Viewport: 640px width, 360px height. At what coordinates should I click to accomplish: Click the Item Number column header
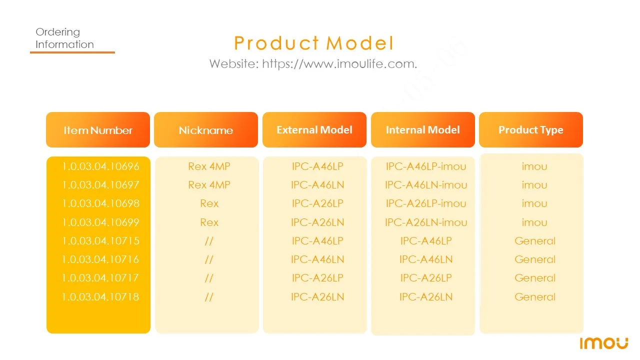click(98, 130)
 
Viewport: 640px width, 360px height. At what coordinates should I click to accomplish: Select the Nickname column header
click(206, 130)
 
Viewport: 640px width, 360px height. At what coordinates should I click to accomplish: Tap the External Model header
click(314, 130)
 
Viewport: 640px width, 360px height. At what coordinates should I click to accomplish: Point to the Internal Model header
click(423, 130)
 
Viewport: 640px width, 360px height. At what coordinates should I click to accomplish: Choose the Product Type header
click(531, 130)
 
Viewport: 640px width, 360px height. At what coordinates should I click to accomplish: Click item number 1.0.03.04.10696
click(100, 166)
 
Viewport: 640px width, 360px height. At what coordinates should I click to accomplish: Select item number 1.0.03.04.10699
click(100, 222)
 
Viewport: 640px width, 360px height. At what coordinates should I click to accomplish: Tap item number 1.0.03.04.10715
click(100, 241)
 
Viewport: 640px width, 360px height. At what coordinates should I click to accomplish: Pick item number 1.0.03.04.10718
click(100, 297)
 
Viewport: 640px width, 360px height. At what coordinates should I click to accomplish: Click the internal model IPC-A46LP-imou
click(426, 166)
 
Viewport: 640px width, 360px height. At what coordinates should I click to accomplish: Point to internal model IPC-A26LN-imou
click(426, 222)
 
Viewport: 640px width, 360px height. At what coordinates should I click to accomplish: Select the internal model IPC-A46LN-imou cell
click(426, 185)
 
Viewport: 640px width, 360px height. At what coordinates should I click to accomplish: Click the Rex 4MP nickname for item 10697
click(209, 185)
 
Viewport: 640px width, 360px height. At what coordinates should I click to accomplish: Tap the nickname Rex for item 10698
click(209, 203)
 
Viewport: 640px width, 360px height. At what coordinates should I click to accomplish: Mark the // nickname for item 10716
click(209, 259)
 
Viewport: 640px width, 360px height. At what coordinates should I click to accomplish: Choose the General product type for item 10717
click(535, 278)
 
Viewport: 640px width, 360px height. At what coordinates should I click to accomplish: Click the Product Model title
click(313, 43)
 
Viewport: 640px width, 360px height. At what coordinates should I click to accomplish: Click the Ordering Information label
click(64, 38)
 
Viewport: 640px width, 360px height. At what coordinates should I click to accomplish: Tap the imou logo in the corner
click(604, 343)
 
